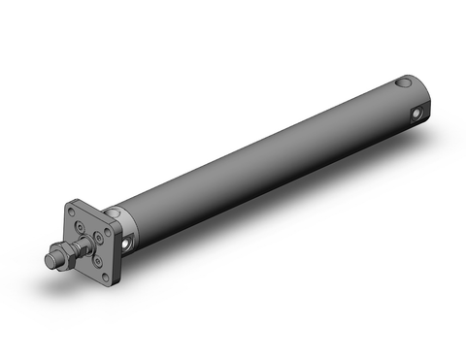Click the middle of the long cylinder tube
(262, 155)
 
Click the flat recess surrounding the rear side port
(414, 117)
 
